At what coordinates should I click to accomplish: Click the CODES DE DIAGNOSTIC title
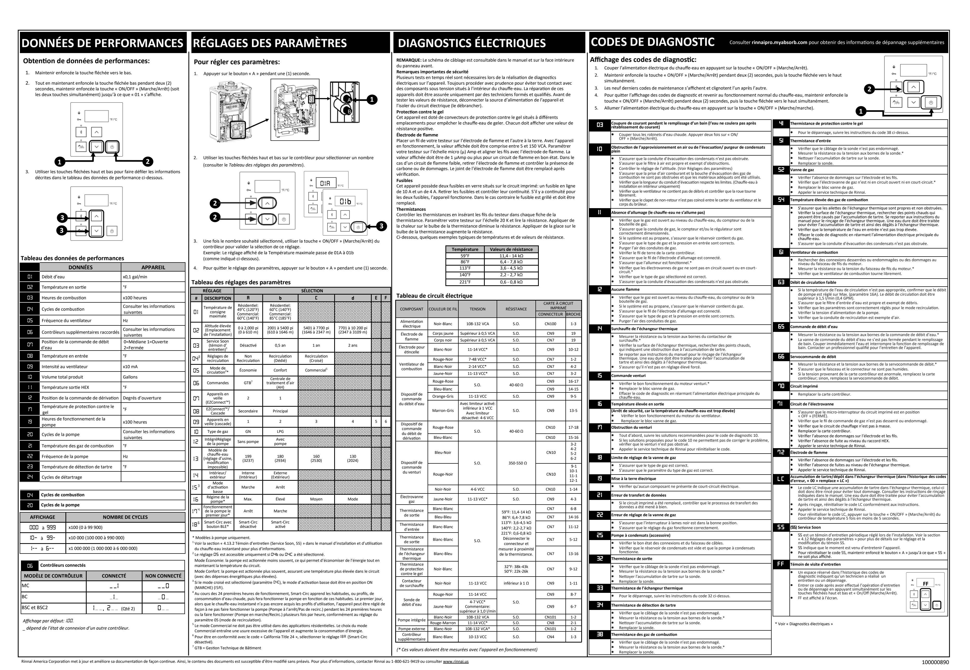click(653, 42)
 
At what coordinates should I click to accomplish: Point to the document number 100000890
click(935, 662)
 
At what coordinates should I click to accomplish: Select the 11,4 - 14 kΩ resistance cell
click(511, 256)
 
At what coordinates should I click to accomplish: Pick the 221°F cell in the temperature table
click(465, 282)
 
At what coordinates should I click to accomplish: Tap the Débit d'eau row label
click(53, 277)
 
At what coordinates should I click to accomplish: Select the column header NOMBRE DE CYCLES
click(125, 517)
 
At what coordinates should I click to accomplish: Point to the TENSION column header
click(477, 309)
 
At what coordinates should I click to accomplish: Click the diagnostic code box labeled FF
click(780, 564)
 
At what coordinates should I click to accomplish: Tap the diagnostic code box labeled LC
click(780, 479)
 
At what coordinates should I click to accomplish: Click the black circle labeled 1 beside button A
click(371, 99)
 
